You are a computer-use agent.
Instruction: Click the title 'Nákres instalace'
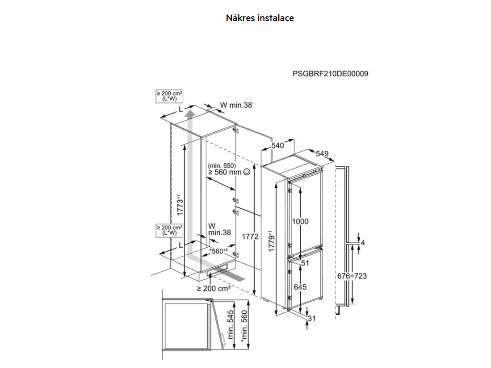[x=259, y=18]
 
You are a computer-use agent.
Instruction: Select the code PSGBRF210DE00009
[x=330, y=74]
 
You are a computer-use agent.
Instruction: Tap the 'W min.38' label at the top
[x=235, y=105]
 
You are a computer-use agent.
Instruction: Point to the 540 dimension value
[x=278, y=145]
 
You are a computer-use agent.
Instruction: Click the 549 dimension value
[x=322, y=153]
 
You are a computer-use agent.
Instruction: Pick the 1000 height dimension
[x=301, y=222]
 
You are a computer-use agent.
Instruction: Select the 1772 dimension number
[x=250, y=236]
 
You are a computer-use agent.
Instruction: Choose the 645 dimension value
[x=300, y=287]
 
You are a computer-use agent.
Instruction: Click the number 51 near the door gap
[x=304, y=263]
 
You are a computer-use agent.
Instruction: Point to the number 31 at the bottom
[x=312, y=319]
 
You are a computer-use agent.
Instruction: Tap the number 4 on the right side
[x=363, y=243]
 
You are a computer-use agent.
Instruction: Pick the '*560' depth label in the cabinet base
[x=219, y=251]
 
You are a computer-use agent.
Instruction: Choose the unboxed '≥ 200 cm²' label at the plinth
[x=213, y=288]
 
